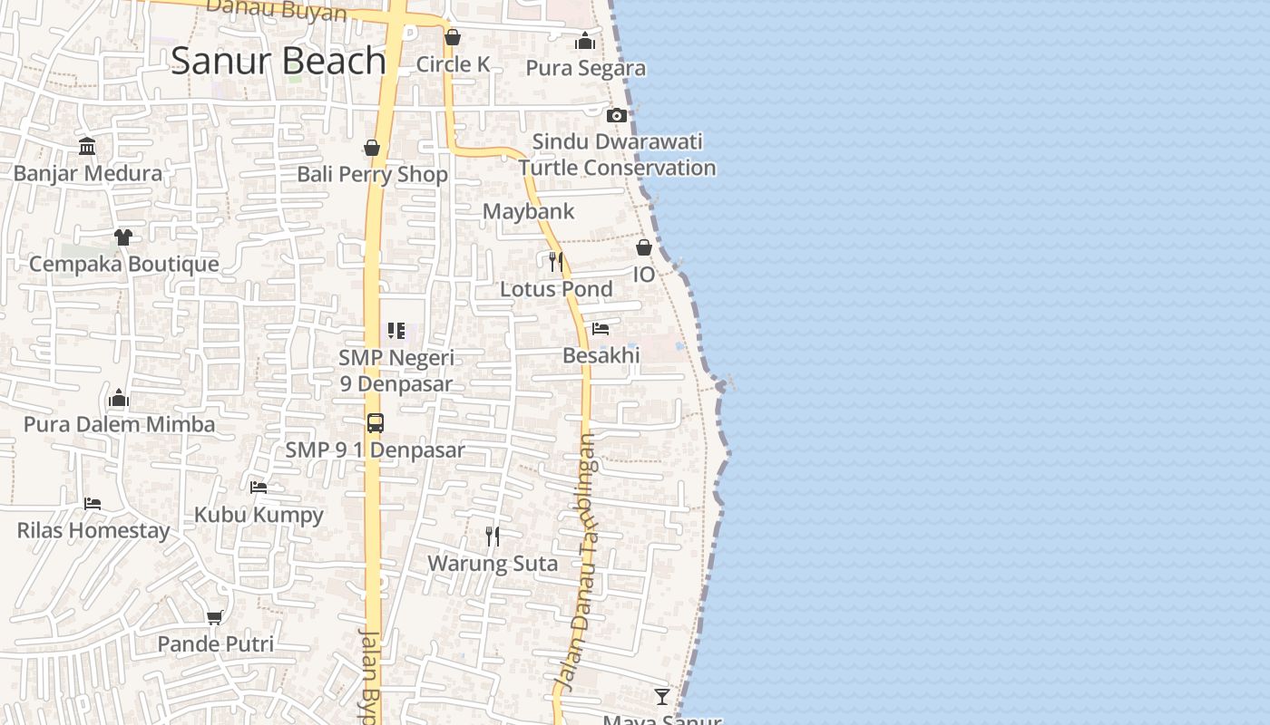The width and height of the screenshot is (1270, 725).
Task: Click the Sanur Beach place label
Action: (x=278, y=61)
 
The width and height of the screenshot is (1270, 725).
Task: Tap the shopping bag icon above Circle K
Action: (x=453, y=37)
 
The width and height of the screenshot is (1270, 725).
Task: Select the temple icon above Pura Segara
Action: (x=585, y=41)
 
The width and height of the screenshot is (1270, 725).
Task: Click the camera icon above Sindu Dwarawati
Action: (x=617, y=115)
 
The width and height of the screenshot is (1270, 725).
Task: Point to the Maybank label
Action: (x=528, y=211)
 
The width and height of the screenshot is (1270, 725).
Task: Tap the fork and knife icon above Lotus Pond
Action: (x=556, y=262)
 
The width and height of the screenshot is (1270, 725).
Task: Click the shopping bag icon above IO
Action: (x=644, y=247)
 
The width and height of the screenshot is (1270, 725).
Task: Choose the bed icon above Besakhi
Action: (x=601, y=329)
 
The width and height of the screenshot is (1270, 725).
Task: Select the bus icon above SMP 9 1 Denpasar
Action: (x=375, y=422)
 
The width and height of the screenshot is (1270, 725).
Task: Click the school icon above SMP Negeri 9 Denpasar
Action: (x=396, y=331)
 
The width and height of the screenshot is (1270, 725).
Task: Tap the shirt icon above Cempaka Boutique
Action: (x=123, y=237)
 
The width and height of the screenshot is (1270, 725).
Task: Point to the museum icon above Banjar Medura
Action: (x=87, y=147)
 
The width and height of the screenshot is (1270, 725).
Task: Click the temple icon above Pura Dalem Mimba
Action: (x=119, y=398)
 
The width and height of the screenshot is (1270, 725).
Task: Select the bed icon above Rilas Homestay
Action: (x=93, y=503)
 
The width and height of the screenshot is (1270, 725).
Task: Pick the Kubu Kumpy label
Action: (x=259, y=515)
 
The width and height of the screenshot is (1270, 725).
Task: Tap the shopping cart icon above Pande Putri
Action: (x=215, y=617)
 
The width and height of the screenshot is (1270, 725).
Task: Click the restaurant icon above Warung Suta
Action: (x=493, y=536)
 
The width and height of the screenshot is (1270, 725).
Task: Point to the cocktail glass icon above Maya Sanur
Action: (x=662, y=696)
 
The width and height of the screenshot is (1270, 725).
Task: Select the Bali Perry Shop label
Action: (x=372, y=174)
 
